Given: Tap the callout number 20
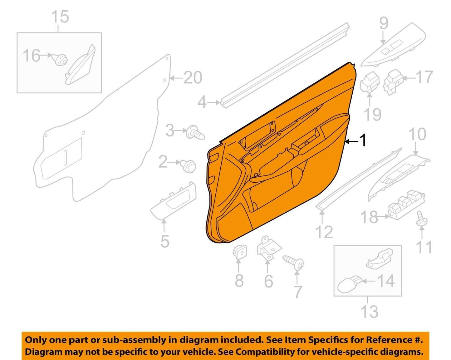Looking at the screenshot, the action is click(193, 77).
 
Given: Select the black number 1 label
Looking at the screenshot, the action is click(363, 141).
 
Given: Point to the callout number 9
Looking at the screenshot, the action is click(384, 23).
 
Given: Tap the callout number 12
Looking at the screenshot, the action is click(324, 232).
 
